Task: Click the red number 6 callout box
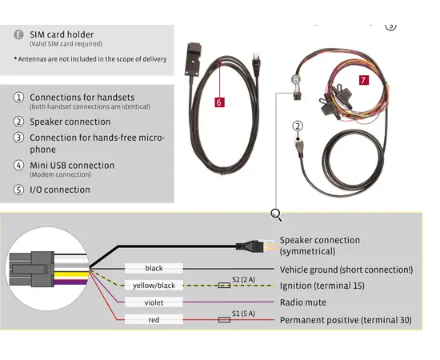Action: coord(219,102)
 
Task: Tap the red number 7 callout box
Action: coord(364,80)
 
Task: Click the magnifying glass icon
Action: coord(276,215)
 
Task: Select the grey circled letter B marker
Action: coord(295,80)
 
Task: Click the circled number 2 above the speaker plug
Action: coord(298,126)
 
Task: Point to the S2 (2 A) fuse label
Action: coord(243,279)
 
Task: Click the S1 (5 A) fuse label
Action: coord(243,314)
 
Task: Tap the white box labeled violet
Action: coord(154,302)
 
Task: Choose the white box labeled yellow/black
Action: coord(154,286)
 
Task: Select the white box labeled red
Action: coord(154,319)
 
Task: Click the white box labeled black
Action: coord(154,268)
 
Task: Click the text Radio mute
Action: coord(303,302)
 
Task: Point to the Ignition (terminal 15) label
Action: coord(322,286)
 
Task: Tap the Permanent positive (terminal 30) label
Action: coord(346,320)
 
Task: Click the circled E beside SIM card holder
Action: coord(19,34)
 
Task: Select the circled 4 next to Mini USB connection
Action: coord(19,166)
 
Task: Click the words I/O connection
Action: coord(60,190)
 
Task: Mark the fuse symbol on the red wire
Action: coord(224,319)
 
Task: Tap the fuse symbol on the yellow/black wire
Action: coord(224,286)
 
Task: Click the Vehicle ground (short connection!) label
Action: coord(346,270)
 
